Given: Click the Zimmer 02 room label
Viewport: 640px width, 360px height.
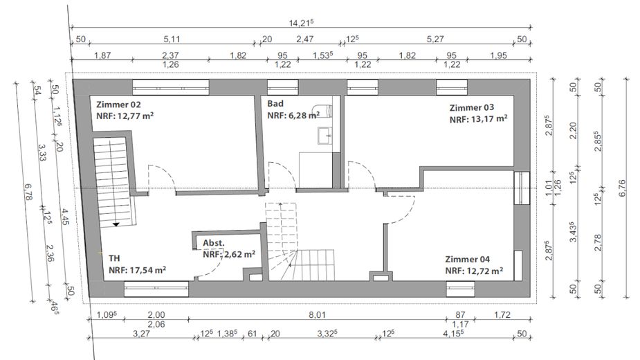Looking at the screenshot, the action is pos(118,105).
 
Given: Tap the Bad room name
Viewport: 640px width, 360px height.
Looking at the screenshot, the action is pos(275,103).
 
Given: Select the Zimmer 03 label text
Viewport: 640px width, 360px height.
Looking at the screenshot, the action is pos(472,107).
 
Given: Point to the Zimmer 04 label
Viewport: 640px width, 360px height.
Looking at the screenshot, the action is pos(467,259).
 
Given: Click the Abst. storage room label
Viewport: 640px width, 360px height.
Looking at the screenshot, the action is pos(214,243).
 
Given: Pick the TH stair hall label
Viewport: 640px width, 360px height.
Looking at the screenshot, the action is pos(114,258).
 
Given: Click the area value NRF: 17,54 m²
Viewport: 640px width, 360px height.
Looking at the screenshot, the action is pos(137,270).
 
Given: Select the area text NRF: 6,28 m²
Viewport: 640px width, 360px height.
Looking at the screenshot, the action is pos(293,115).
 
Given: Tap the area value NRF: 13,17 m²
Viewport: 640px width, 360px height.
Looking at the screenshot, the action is pos(478,119).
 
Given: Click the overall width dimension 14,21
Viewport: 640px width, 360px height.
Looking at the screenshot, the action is pos(301,23).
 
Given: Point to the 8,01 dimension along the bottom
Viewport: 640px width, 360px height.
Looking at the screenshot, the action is pos(317,314).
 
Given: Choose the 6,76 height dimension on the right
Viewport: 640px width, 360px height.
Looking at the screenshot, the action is pos(622,188).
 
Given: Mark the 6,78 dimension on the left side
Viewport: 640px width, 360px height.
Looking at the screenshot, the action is pos(28,191).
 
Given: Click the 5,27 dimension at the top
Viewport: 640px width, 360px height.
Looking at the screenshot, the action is pos(435,39).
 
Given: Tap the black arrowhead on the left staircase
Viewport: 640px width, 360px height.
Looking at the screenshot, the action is pos(116,224).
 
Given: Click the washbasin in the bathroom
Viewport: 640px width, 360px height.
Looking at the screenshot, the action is pos(325,135).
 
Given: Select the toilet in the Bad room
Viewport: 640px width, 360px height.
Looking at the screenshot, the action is pos(322,111).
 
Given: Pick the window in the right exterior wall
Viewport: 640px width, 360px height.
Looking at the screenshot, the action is pos(522,188).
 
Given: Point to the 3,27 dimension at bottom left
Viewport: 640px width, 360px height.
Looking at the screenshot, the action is pos(141,334).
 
